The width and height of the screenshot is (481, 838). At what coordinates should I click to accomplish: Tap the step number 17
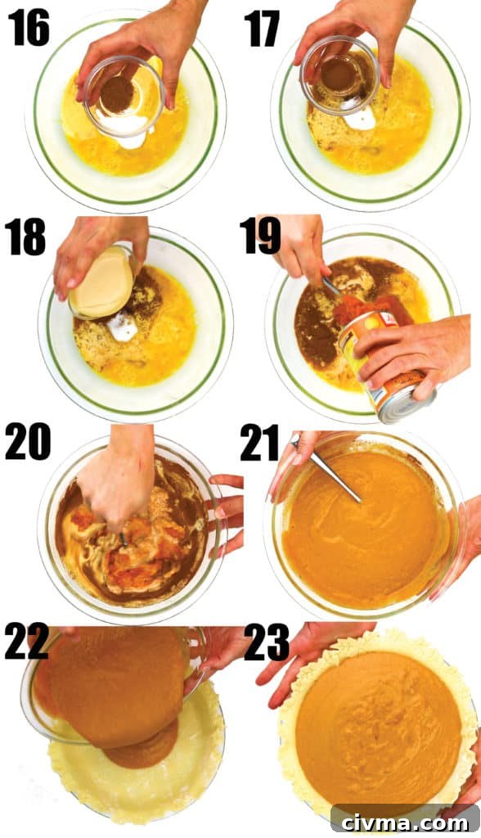pos(262,29)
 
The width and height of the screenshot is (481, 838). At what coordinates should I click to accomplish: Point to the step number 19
pos(260,235)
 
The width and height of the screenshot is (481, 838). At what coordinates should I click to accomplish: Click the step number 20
pos(28,441)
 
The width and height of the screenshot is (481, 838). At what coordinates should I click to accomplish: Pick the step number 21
pos(260,443)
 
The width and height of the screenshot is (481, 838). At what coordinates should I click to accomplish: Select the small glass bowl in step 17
pos(340,75)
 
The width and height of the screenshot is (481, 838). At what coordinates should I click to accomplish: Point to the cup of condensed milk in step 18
pos(102,282)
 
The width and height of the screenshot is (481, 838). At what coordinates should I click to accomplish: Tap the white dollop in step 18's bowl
pos(122,327)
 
